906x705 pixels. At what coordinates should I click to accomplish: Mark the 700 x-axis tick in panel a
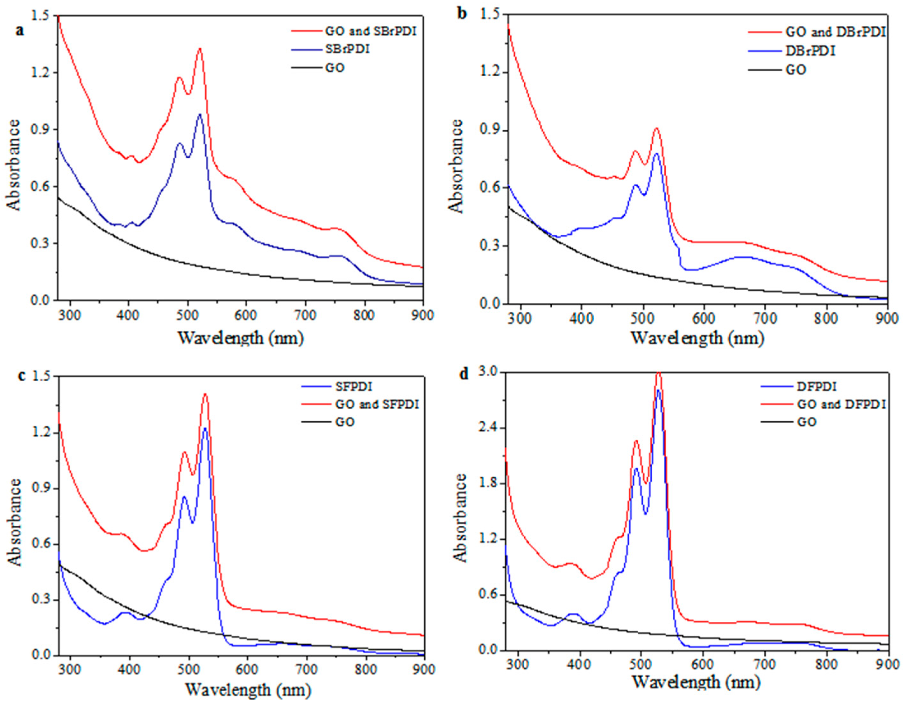click(305, 315)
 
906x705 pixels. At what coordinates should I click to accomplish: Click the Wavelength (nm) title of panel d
click(697, 682)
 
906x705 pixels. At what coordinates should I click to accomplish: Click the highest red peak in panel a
click(200, 49)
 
